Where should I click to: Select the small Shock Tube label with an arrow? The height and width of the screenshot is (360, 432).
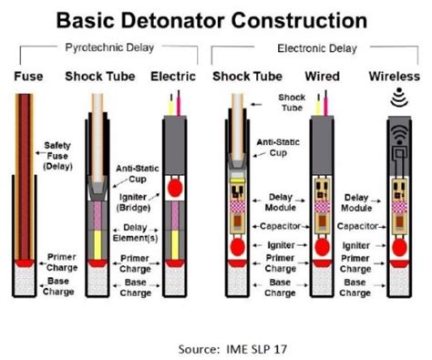(x=290, y=100)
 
